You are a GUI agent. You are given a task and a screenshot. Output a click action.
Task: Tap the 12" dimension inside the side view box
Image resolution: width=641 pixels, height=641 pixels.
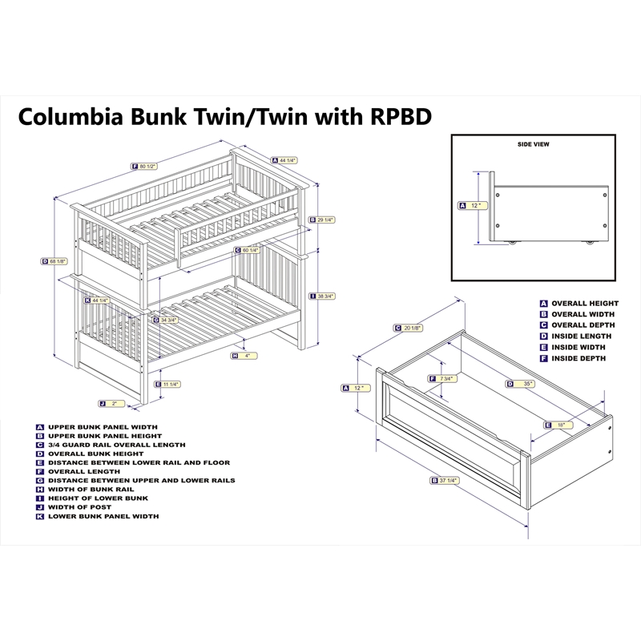(x=474, y=205)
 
